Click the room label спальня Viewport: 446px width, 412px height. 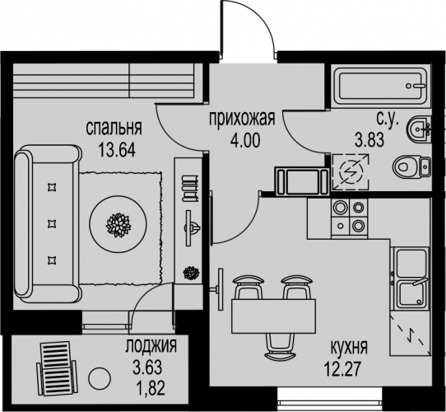114,129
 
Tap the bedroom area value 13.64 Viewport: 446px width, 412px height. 116,150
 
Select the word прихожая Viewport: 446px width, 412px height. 243,119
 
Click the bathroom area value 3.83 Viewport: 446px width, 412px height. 369,140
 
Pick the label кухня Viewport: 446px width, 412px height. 349,347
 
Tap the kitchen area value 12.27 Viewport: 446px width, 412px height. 343,369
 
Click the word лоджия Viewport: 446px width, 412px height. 151,346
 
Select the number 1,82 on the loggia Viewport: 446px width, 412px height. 151,388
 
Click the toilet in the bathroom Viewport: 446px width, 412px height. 411,167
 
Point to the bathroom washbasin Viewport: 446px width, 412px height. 419,129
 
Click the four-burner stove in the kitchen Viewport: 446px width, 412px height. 349,218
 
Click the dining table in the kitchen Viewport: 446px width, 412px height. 274,316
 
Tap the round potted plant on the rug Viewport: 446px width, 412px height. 118,224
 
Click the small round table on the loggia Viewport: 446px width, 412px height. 100,379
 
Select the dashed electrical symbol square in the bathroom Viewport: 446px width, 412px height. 351,171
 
